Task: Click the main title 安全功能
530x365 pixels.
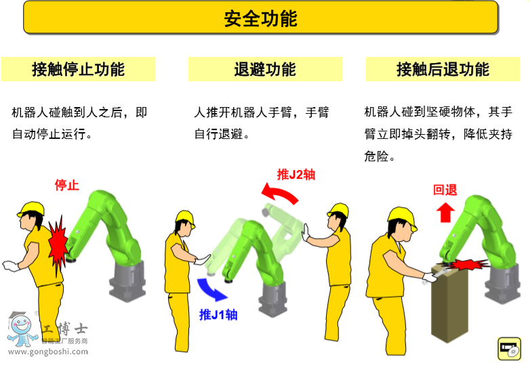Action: click(x=260, y=18)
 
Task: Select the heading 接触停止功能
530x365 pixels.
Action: click(x=78, y=69)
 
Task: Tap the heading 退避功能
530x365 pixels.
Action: click(x=265, y=69)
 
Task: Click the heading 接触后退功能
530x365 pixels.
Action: click(x=443, y=69)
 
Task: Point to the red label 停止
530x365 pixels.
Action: click(x=66, y=185)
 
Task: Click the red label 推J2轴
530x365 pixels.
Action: click(x=295, y=175)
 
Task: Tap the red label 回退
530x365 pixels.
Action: click(x=445, y=190)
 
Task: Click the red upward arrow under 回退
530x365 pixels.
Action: click(x=445, y=212)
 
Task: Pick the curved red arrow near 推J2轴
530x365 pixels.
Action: click(x=280, y=195)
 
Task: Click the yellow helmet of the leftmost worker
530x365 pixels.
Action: click(x=30, y=208)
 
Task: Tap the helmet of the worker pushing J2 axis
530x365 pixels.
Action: click(x=338, y=209)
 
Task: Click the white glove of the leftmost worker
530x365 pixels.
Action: click(x=10, y=266)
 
